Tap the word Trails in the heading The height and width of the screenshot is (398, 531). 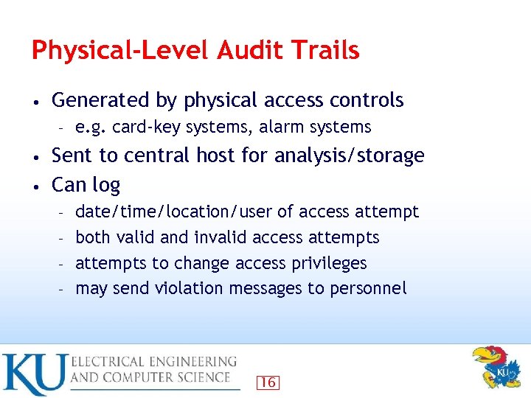[x=324, y=50]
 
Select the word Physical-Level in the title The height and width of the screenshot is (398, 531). [x=122, y=50]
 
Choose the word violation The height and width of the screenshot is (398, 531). [x=190, y=288]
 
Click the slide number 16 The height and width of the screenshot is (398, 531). [x=268, y=382]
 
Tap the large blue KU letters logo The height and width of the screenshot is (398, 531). [x=33, y=374]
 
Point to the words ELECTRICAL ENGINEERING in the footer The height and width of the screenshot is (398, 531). [x=153, y=362]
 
